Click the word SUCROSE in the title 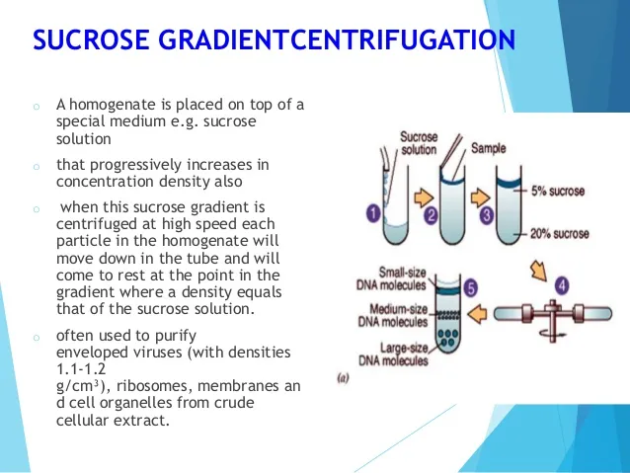(x=91, y=39)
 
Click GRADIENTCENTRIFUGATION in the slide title (x=337, y=39)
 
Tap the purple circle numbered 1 (x=373, y=213)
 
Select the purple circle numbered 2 (x=431, y=215)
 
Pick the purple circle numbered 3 (x=487, y=215)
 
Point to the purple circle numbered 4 (x=562, y=285)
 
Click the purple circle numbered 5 (x=470, y=288)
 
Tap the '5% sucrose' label (x=558, y=191)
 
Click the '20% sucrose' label (x=560, y=233)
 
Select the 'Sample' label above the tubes (x=488, y=148)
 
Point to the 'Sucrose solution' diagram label (x=419, y=143)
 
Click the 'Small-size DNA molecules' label (x=391, y=278)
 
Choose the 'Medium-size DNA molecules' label (x=393, y=315)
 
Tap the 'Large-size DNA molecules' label (x=393, y=355)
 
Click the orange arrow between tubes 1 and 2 (x=424, y=197)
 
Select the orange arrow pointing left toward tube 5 (x=478, y=314)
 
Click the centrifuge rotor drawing (x=553, y=316)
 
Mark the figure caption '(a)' (x=343, y=378)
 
